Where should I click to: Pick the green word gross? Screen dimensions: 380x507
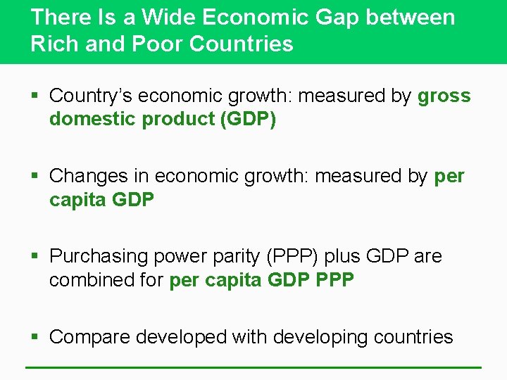(444, 96)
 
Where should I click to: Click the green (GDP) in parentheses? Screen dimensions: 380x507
(249, 120)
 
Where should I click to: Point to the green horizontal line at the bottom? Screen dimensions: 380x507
(254, 367)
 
